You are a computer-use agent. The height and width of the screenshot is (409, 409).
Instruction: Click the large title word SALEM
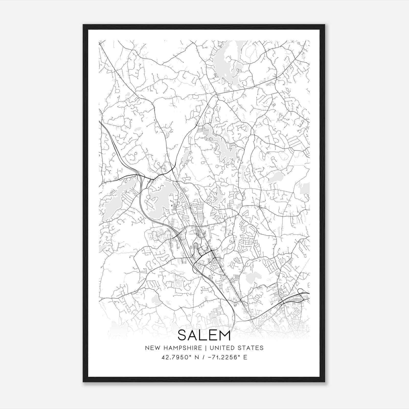(x=204, y=335)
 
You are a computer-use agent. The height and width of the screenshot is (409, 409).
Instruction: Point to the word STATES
(x=252, y=348)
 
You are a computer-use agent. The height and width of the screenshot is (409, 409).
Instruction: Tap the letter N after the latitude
(x=197, y=357)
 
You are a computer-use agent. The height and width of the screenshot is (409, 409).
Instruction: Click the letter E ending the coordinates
(x=245, y=357)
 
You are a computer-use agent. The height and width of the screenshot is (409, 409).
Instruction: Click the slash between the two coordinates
(x=203, y=357)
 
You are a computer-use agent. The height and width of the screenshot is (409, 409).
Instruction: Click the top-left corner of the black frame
(x=83, y=25)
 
